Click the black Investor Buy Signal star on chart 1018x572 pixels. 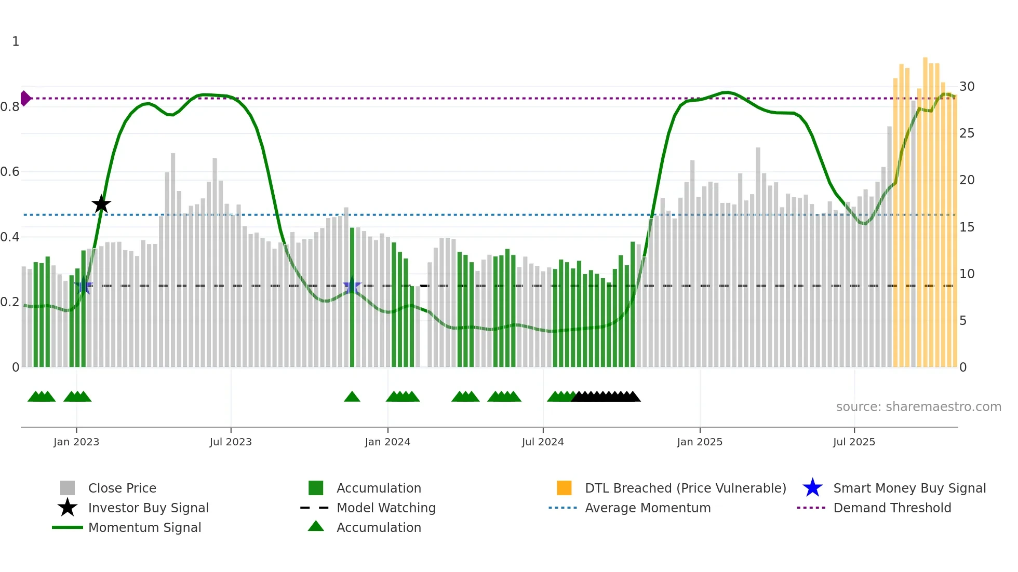(x=101, y=205)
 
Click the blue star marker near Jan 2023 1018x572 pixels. (x=84, y=285)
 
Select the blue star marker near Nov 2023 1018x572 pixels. (x=352, y=285)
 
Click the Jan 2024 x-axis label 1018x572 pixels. (x=387, y=442)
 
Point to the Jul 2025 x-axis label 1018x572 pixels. (x=854, y=442)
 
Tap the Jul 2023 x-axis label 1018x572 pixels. (x=231, y=442)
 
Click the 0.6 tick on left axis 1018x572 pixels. (x=10, y=172)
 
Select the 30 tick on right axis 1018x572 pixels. (x=967, y=87)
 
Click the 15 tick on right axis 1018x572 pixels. (x=967, y=227)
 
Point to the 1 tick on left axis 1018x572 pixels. (x=16, y=42)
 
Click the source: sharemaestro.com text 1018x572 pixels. (x=918, y=407)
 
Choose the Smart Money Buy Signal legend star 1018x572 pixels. (x=812, y=488)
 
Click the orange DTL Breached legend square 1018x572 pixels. (x=564, y=488)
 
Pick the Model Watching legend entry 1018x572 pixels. (x=385, y=508)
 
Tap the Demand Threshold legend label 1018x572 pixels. (x=892, y=508)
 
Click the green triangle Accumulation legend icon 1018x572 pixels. (x=316, y=527)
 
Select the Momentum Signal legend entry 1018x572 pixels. (x=144, y=527)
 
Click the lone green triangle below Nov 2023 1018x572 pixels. (x=352, y=397)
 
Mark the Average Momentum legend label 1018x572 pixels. (x=648, y=508)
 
